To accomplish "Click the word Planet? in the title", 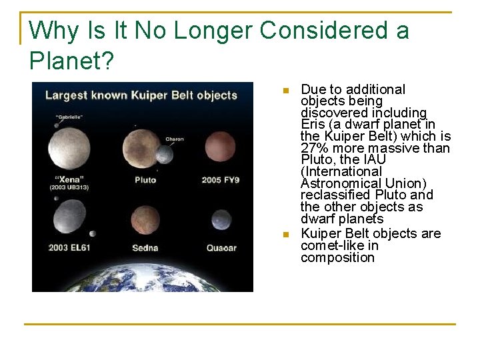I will (x=71, y=61).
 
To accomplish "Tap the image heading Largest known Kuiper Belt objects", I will (x=141, y=95).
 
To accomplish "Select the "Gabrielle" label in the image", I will (x=69, y=117).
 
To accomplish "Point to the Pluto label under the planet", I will (x=145, y=179).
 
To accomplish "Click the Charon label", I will (x=174, y=139).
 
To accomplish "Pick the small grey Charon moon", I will (x=164, y=154).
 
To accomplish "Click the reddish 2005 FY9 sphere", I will (x=221, y=147).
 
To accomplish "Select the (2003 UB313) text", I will (x=69, y=188).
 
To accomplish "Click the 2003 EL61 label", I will (x=69, y=248).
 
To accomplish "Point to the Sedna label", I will (x=145, y=248).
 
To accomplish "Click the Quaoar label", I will (x=221, y=248).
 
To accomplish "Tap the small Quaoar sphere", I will (x=221, y=220).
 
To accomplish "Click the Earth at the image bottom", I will (x=143, y=275).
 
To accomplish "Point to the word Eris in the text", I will (x=313, y=125).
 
